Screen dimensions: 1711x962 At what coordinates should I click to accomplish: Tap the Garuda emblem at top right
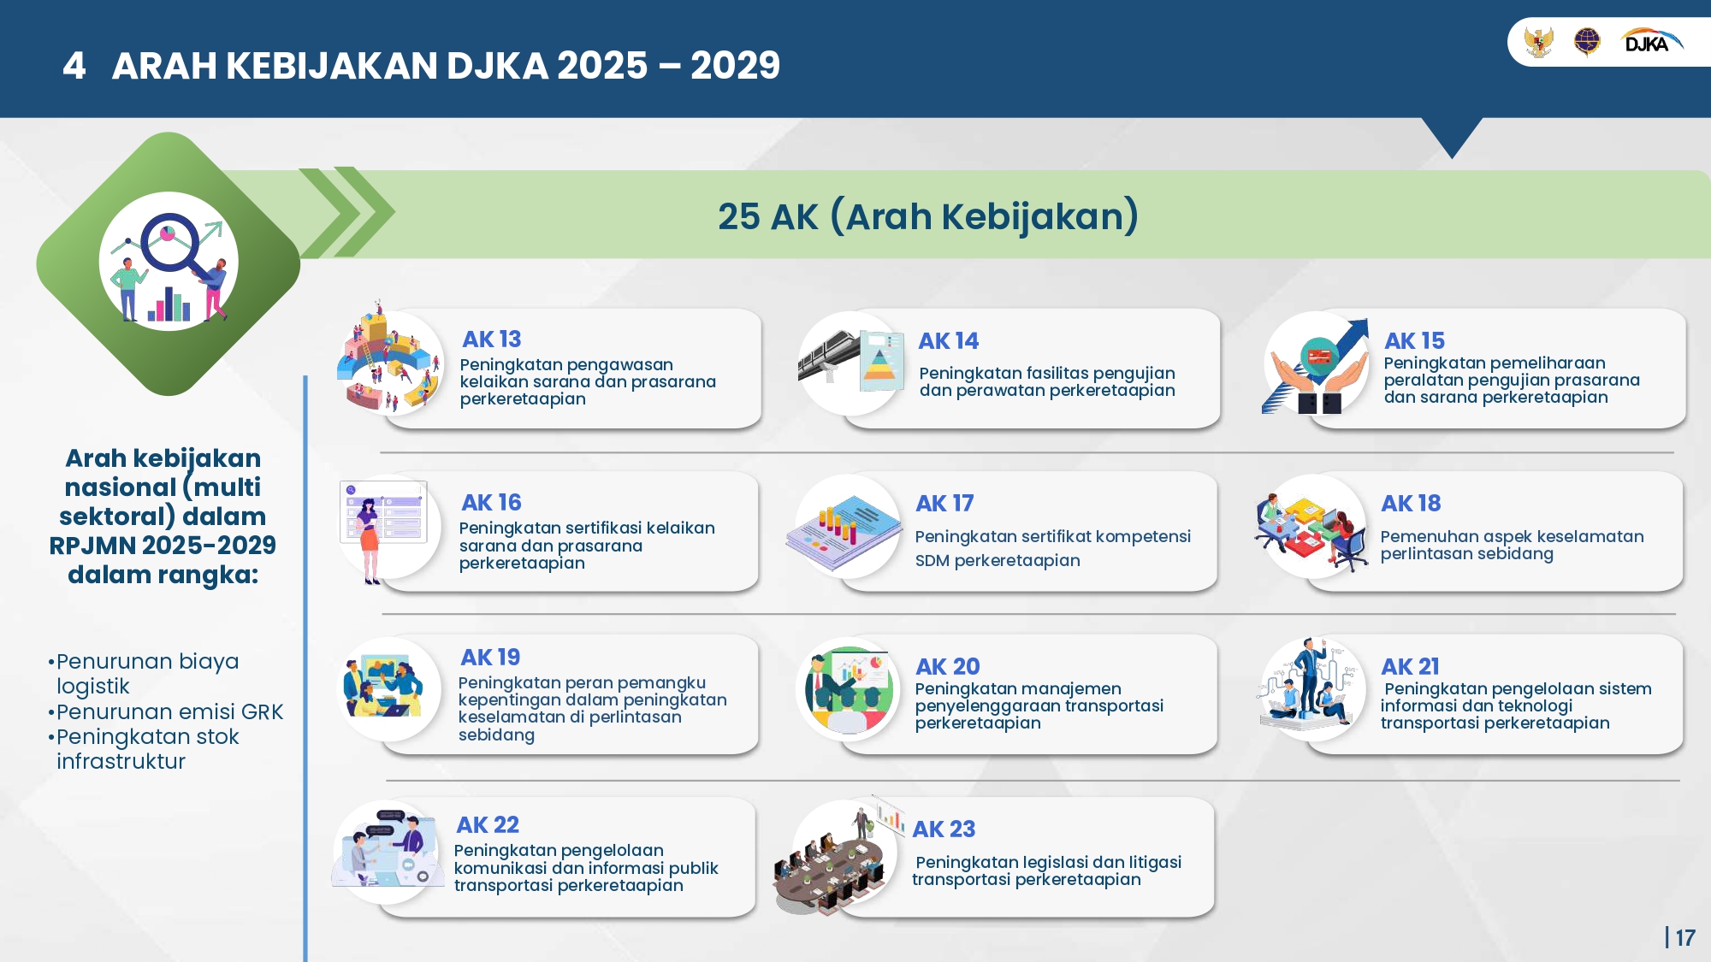coord(1538,41)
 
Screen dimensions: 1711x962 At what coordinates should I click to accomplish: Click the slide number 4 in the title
coord(74,66)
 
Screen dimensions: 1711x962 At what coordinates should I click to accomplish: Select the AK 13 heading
coord(492,339)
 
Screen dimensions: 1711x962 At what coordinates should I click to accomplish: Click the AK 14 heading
coord(949,341)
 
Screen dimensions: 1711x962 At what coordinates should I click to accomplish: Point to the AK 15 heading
coord(1415,341)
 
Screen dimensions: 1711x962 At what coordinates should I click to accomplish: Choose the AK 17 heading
coord(945,504)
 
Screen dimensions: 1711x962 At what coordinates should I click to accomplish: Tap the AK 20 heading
coord(948,666)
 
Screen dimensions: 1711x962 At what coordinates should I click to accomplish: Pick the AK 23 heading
coord(944,829)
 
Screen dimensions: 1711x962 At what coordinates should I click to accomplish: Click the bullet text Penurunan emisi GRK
coord(165,711)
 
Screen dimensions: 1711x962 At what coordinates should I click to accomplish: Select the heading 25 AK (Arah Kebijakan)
coord(928,215)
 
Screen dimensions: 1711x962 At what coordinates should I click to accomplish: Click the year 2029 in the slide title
coord(736,66)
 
